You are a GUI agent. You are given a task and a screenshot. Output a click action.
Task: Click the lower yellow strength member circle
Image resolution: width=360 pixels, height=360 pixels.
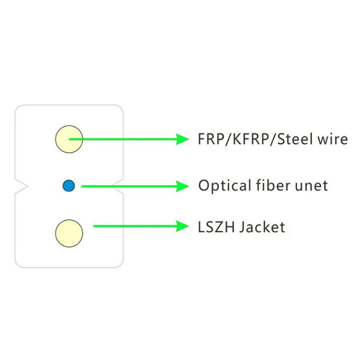pos(69,233)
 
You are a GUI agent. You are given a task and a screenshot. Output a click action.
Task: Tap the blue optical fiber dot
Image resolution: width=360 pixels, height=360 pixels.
pos(69,186)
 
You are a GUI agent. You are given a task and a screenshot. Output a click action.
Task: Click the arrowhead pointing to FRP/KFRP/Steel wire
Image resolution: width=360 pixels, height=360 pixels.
pos(182,139)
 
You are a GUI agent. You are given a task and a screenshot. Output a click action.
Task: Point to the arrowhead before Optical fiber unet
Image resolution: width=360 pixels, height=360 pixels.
pos(182,186)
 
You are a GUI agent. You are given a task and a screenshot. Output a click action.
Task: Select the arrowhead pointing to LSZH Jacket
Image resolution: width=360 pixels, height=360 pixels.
pos(182,226)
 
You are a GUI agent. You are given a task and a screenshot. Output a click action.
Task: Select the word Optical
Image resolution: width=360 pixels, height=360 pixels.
pos(223,186)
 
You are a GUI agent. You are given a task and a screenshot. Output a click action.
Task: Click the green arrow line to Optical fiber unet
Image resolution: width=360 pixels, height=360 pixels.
pos(130,186)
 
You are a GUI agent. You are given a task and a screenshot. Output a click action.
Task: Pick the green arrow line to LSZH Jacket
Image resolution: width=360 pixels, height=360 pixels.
pos(134,226)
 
